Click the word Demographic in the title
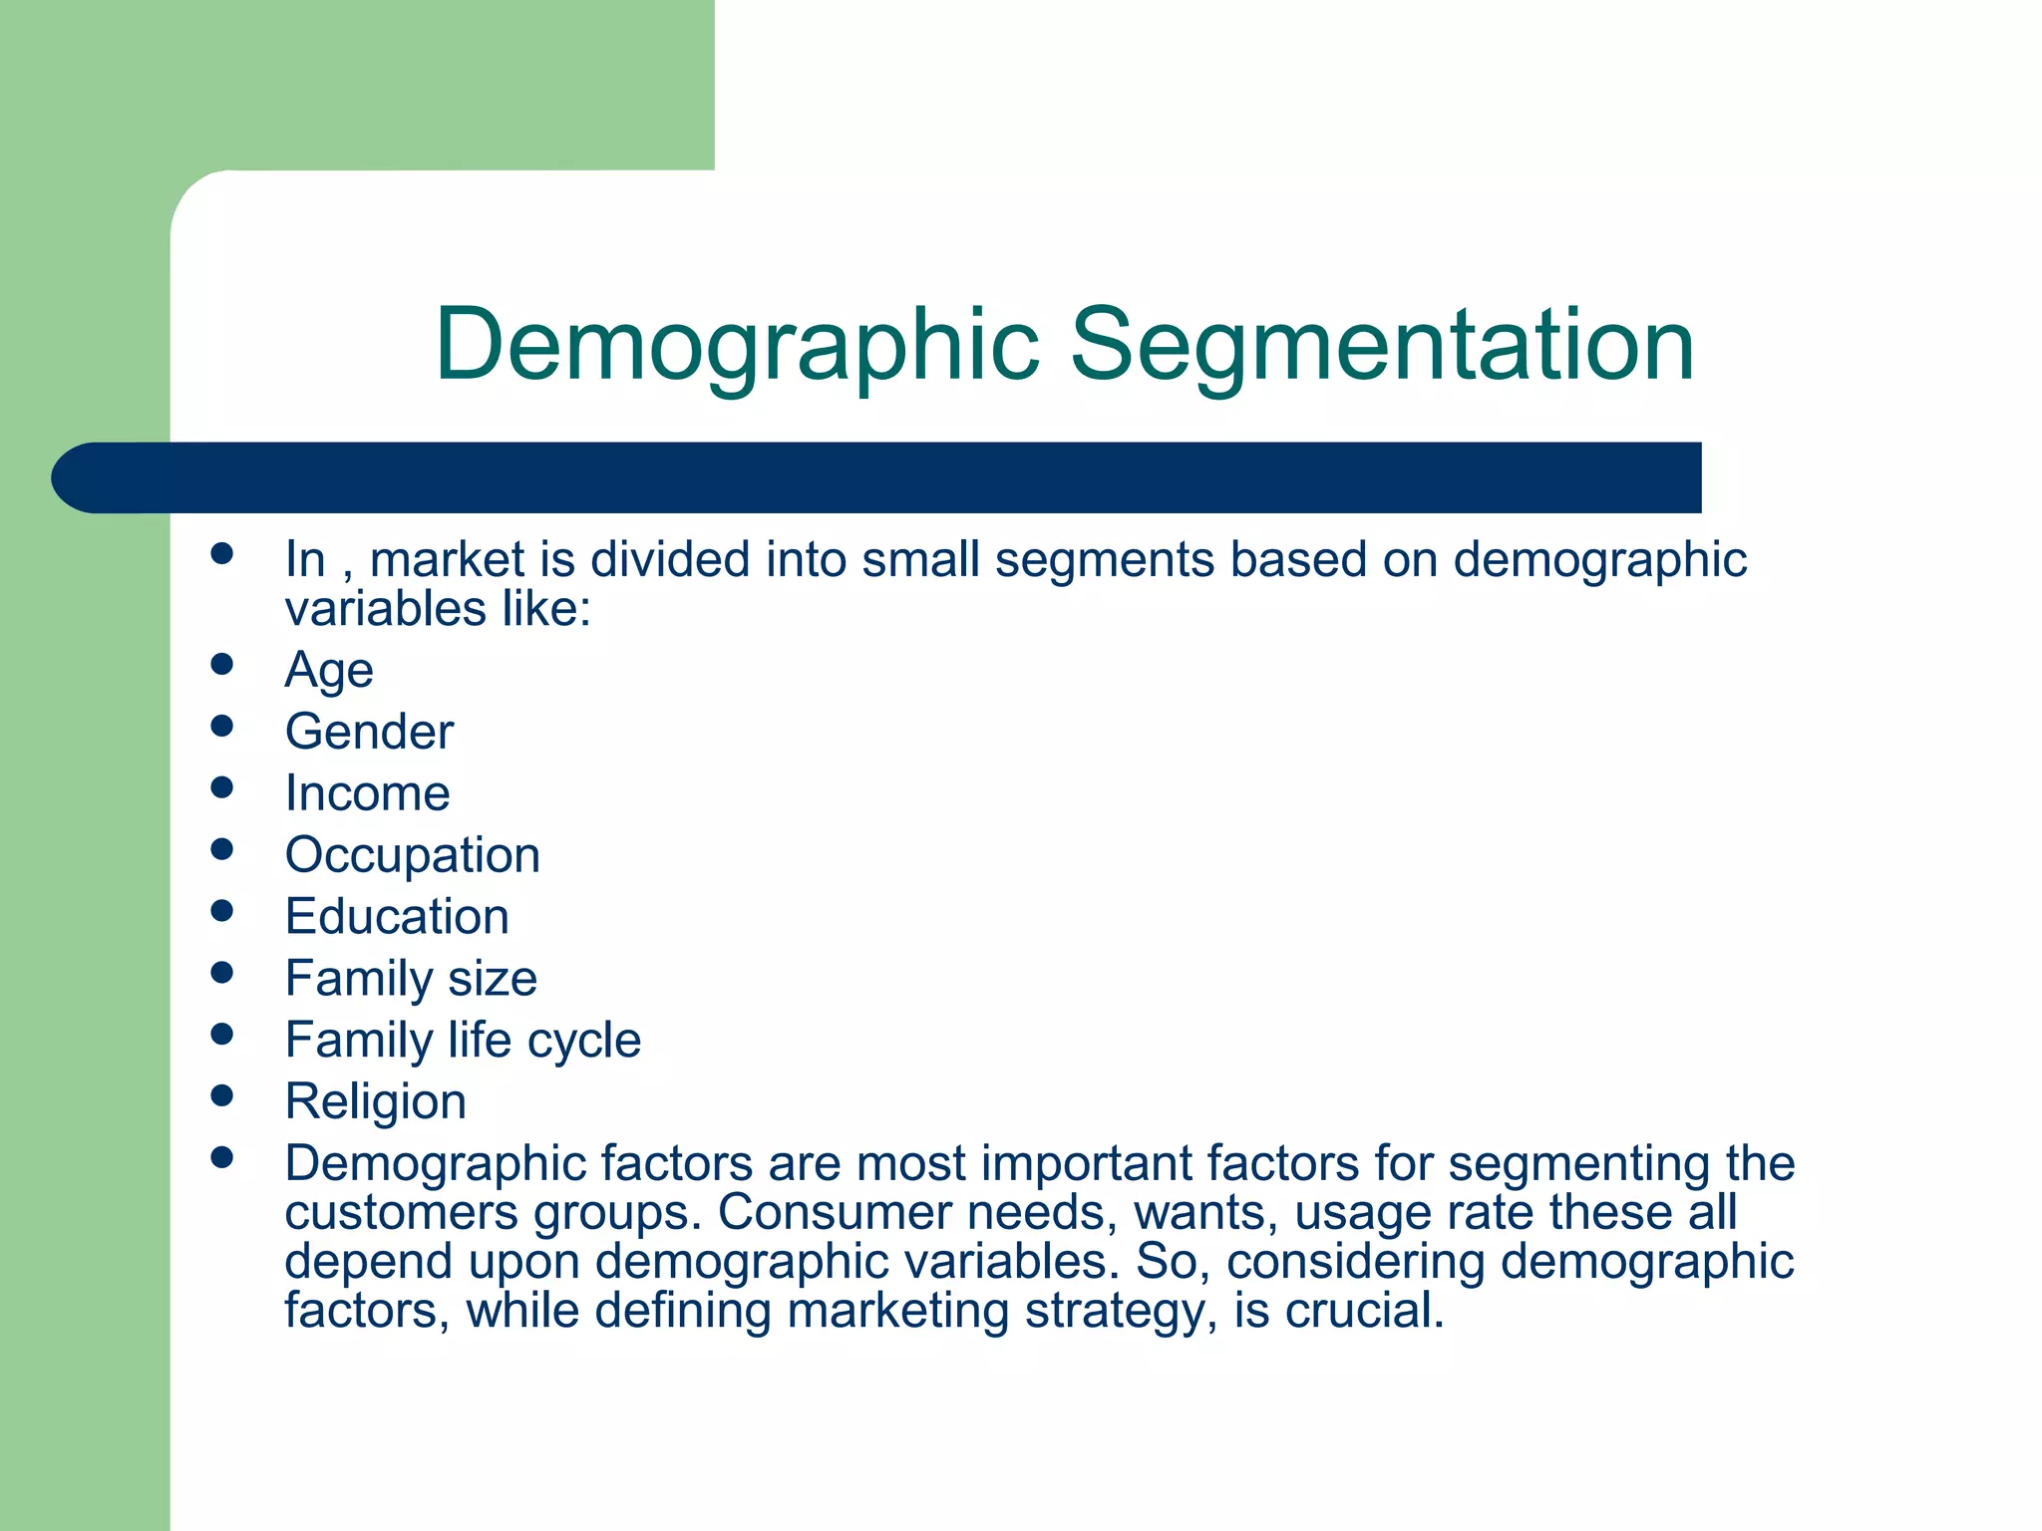[737, 346]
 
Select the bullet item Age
[329, 670]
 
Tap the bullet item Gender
[369, 732]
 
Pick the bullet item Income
[367, 793]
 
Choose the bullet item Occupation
[412, 855]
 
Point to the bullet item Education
[397, 917]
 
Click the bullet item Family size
[411, 979]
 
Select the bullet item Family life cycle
[463, 1041]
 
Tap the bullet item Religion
[375, 1102]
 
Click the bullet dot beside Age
[222, 664]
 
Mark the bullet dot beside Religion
[222, 1096]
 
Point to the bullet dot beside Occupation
[222, 849]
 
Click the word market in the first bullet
[447, 560]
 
